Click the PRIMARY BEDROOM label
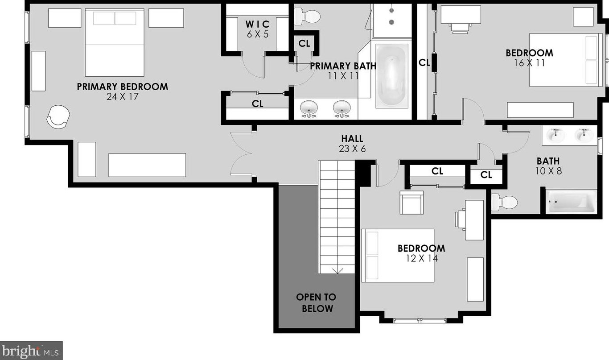coord(122,87)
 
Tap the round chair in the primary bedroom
coord(58,116)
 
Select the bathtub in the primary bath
coord(391,75)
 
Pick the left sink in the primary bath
coord(309,108)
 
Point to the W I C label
coord(258,24)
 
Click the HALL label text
coord(352,139)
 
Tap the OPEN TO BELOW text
coord(316,302)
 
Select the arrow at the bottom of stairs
coord(337,270)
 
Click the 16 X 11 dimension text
coord(529,63)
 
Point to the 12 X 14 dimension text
coord(421,258)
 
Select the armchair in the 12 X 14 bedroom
coord(411,202)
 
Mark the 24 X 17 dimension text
coord(122,96)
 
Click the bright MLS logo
coord(31,350)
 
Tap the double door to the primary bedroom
coord(242,153)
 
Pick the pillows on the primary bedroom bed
coord(115,18)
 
